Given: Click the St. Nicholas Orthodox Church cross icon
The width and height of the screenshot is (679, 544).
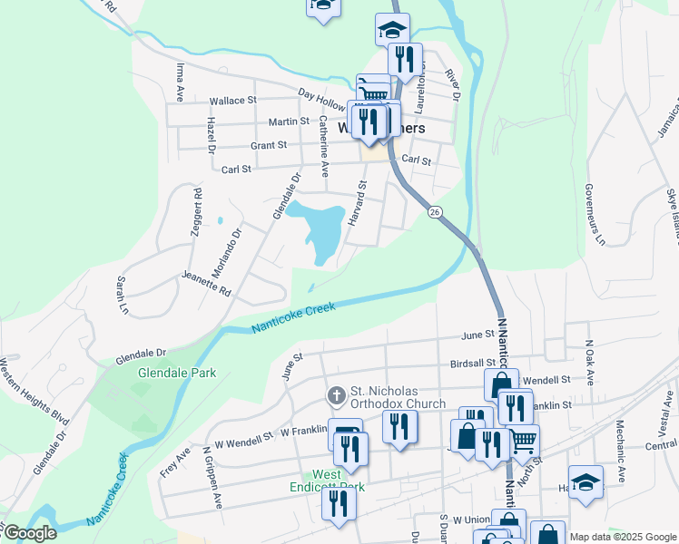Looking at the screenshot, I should point(336,395).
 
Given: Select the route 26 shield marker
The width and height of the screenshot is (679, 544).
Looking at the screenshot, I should point(436,211).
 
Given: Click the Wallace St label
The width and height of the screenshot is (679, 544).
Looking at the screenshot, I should point(233,101).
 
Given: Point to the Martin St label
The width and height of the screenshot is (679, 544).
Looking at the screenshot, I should point(289,121).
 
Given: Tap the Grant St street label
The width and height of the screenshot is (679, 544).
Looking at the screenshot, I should point(269,145).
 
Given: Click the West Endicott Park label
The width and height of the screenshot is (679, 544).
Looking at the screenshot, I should point(339,481).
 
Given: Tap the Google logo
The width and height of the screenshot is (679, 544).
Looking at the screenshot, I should point(29,533).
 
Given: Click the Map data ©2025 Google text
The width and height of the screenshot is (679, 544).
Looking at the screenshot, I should point(622,537).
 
